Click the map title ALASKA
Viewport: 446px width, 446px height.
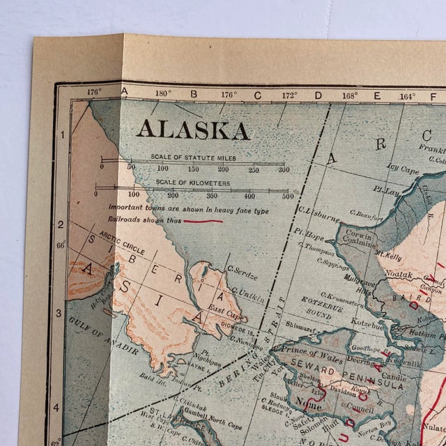pos(193,130)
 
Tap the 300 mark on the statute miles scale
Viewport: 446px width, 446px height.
pos(284,169)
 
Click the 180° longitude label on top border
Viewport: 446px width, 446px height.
pos(162,94)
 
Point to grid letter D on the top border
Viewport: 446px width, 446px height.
pos(318,95)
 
